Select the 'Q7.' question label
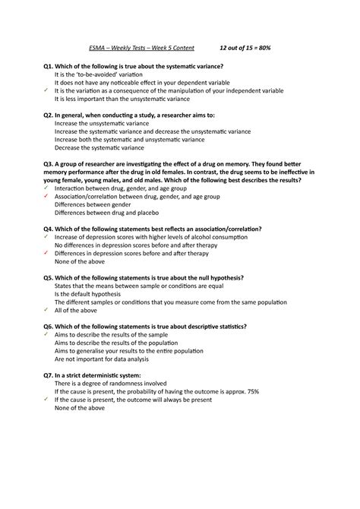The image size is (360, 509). click(x=50, y=375)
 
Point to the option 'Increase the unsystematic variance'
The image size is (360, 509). click(x=103, y=122)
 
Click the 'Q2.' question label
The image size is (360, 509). click(x=50, y=114)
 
